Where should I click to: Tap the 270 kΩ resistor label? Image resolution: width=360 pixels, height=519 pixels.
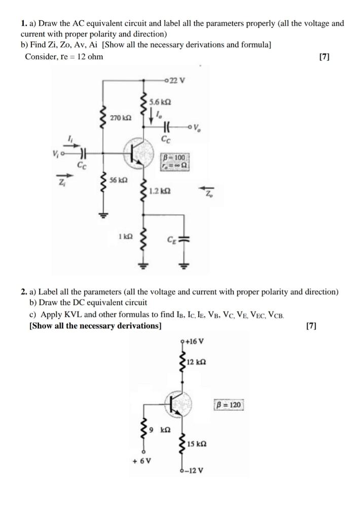120,118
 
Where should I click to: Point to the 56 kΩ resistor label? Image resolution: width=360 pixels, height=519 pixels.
119,180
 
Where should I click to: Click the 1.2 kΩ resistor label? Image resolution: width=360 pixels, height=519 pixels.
160,192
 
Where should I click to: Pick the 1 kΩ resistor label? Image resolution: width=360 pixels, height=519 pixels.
125,237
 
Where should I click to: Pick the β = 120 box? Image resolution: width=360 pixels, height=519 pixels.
229,405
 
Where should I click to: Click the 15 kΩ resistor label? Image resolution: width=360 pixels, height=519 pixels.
196,444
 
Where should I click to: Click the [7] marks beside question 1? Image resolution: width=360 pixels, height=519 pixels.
323,57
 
